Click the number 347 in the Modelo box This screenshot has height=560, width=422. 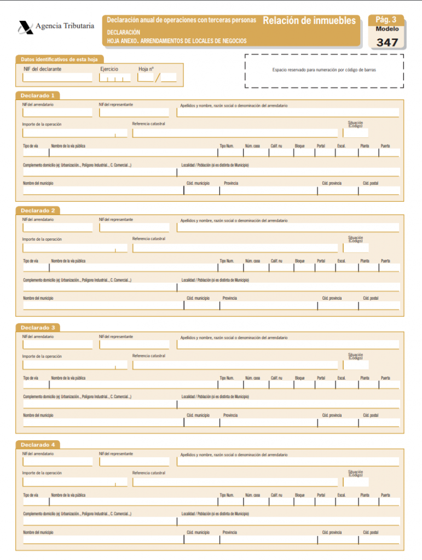click(x=387, y=42)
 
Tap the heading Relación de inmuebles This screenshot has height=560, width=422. click(x=309, y=21)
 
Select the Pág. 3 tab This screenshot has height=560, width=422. click(x=386, y=20)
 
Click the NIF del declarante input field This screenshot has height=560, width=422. click(x=57, y=78)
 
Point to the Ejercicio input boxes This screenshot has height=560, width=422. click(x=114, y=78)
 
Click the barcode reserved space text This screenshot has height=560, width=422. click(x=324, y=70)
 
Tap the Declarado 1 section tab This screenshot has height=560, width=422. click(x=37, y=95)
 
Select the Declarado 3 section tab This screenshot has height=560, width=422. click(x=37, y=328)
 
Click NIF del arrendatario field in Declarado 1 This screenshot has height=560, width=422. click(x=57, y=113)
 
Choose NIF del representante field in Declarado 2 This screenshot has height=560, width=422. click(x=134, y=227)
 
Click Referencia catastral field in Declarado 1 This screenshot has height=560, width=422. click(x=235, y=133)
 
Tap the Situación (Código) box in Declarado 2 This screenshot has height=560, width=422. click(x=356, y=248)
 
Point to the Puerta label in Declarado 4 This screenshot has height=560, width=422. click(x=385, y=495)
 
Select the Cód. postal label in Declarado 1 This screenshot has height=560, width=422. click(x=371, y=183)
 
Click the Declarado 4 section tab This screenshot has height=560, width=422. click(x=37, y=445)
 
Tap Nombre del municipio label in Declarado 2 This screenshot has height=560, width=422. click(x=38, y=298)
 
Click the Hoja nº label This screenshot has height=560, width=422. click(x=146, y=69)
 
